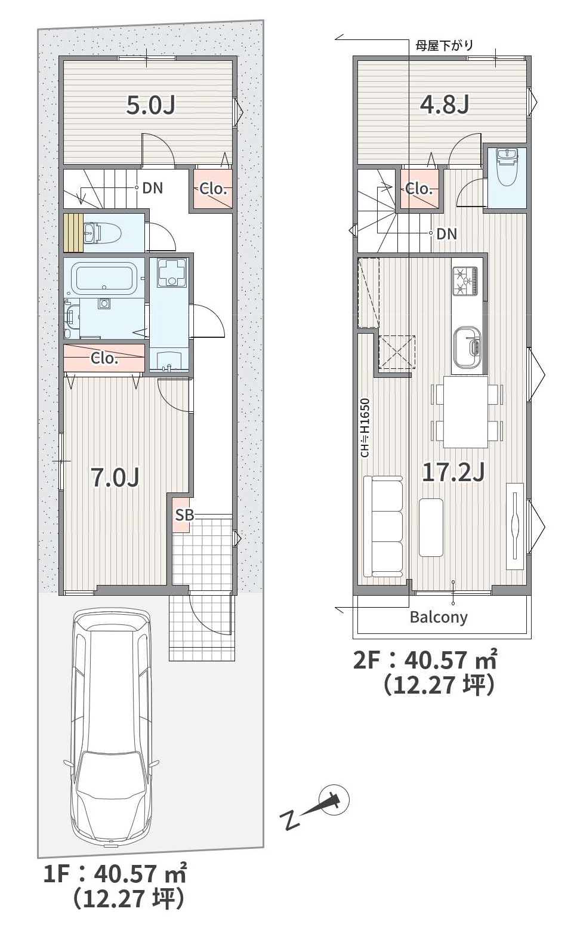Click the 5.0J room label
click(x=151, y=105)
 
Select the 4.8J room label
click(x=445, y=104)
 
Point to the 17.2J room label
click(x=453, y=473)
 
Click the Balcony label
click(x=439, y=617)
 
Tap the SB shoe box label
click(x=184, y=515)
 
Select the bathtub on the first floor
click(x=104, y=279)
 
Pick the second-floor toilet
click(x=507, y=166)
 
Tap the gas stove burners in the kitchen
click(x=465, y=281)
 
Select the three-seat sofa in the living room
click(x=383, y=526)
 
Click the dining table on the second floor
click(x=465, y=412)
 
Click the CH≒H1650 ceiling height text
click(x=365, y=428)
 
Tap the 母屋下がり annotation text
click(x=445, y=45)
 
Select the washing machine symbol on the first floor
click(x=168, y=272)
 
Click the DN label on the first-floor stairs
click(x=152, y=188)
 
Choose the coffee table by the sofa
click(x=431, y=527)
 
